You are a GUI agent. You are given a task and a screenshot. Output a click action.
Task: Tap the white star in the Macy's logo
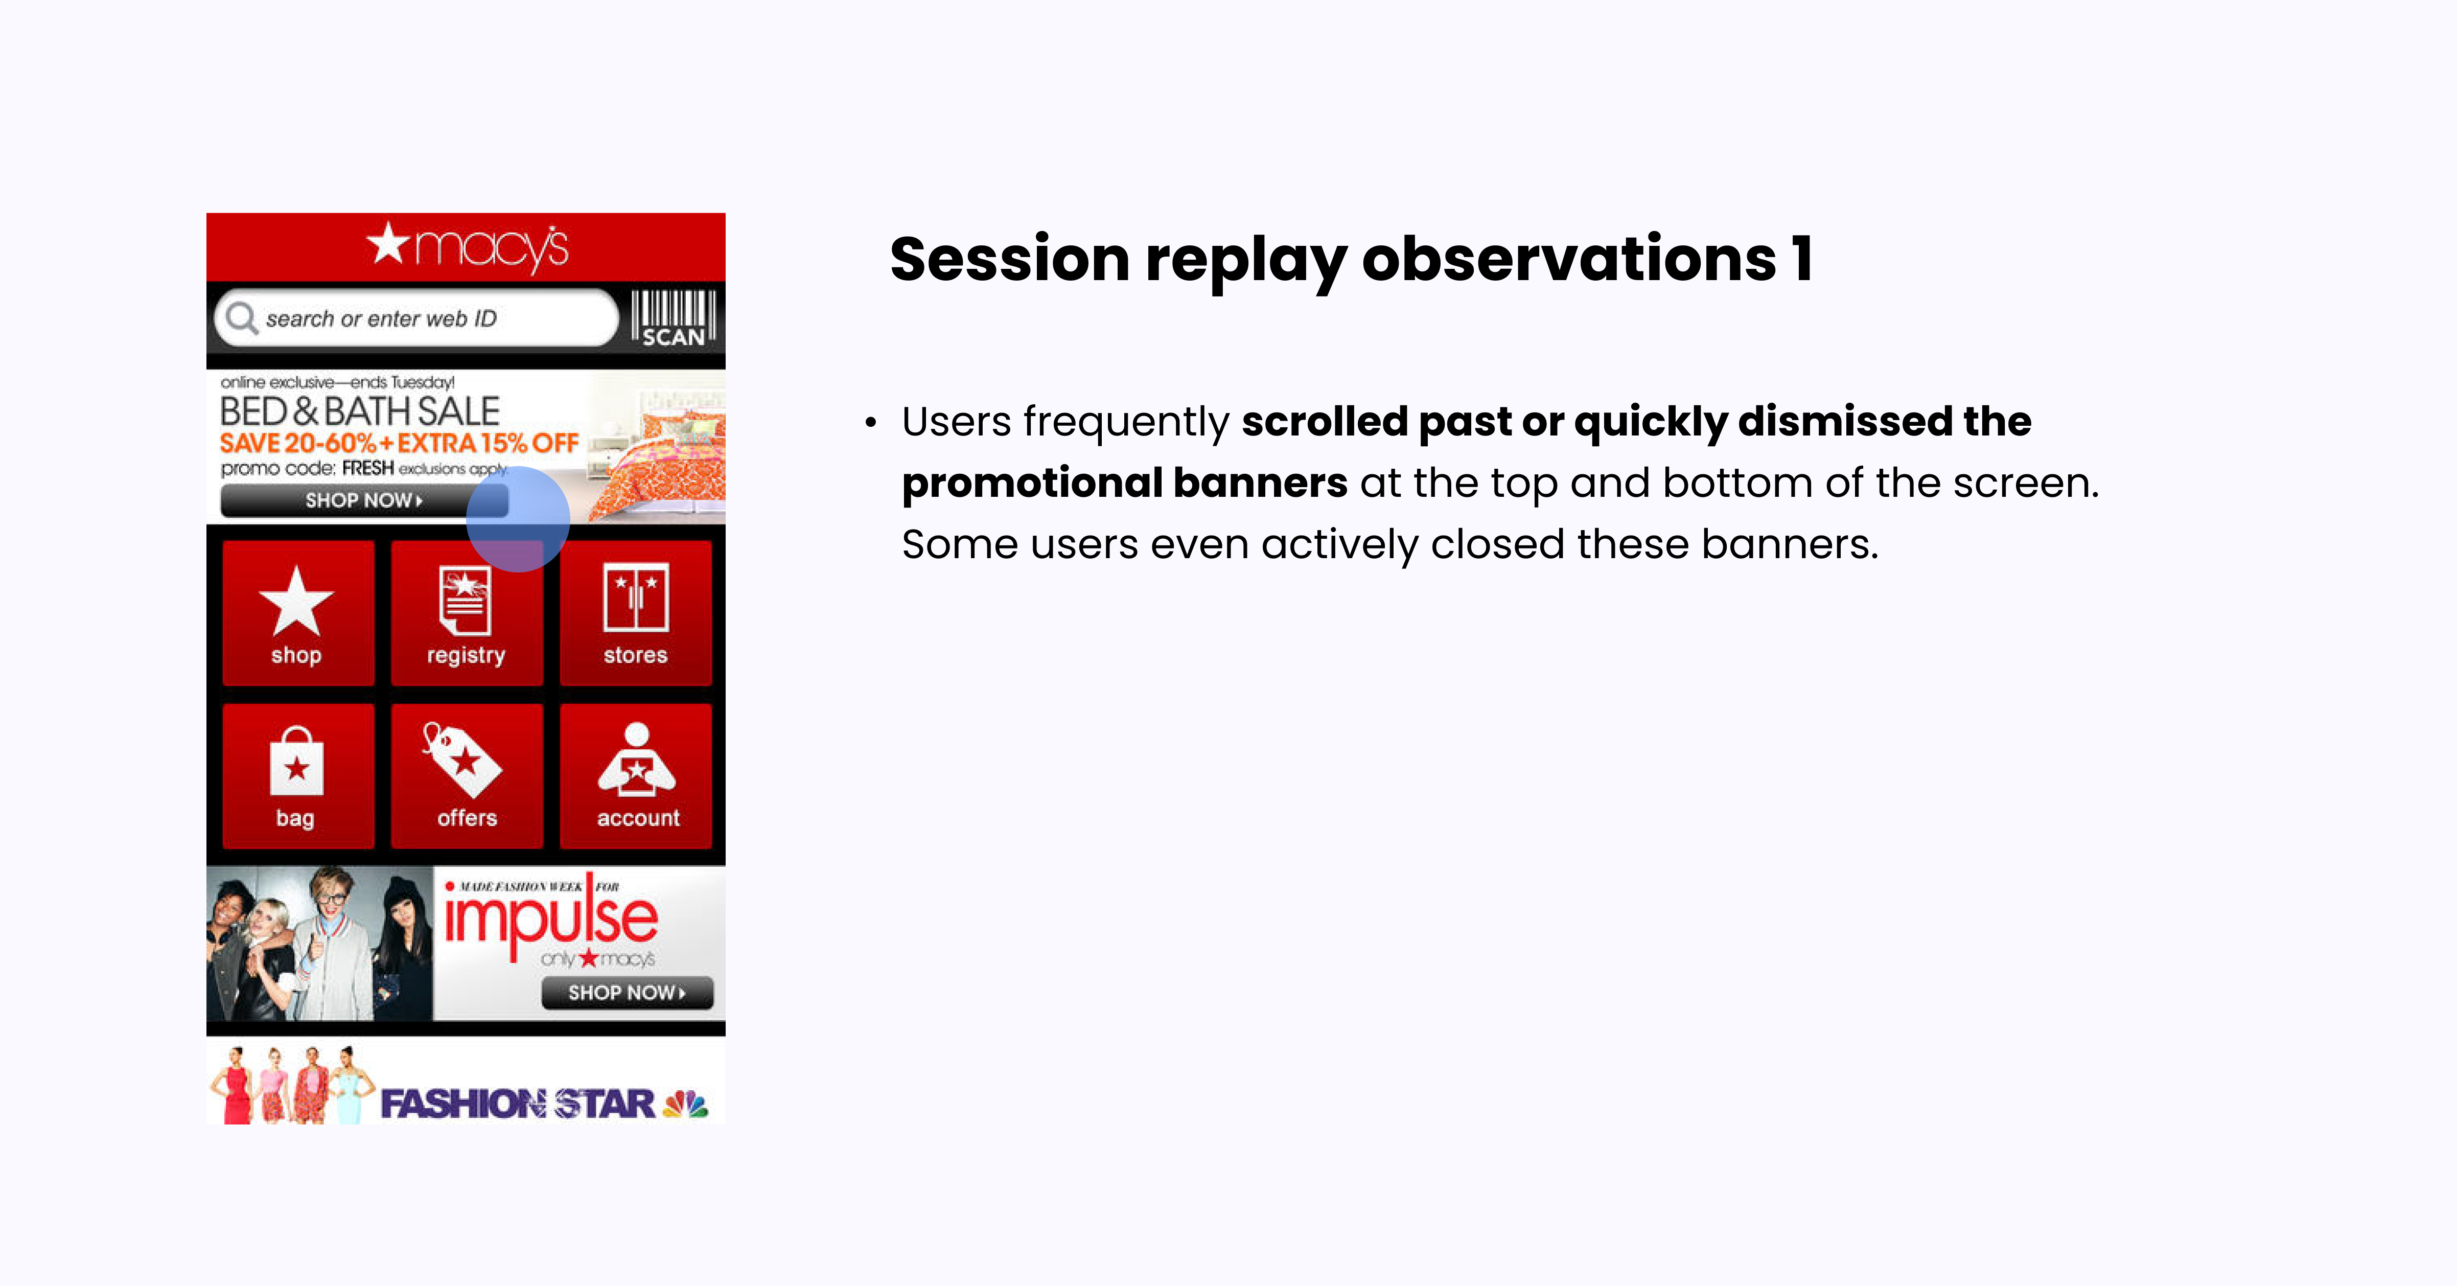point(388,244)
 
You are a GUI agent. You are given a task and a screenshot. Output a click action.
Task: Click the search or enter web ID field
point(420,318)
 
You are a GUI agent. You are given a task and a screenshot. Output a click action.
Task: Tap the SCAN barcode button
point(673,318)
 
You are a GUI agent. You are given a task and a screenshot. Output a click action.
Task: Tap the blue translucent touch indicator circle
point(518,519)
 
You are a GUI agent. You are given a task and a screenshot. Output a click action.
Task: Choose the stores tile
point(635,612)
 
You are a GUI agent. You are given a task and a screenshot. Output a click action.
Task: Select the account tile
point(636,775)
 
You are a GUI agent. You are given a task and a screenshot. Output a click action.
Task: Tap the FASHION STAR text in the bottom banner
point(517,1104)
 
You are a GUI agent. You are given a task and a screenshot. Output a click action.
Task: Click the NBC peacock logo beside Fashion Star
point(686,1104)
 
